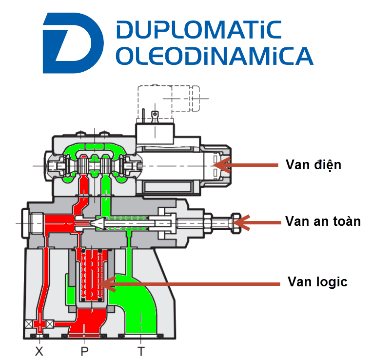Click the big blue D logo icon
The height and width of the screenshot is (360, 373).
coord(73,42)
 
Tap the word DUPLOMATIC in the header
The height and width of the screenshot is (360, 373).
coord(199,30)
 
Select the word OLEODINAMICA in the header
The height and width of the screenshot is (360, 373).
coord(215,56)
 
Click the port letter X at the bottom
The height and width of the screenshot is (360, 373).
coord(39,351)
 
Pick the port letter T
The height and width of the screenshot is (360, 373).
coord(140,351)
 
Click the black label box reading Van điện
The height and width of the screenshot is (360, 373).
coord(314,173)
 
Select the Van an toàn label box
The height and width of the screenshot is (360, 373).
coord(323,228)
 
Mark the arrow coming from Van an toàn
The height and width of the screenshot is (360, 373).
coord(258,222)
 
